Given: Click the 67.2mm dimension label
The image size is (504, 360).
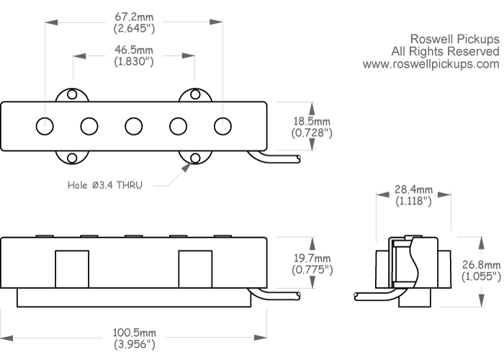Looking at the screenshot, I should pos(134,17).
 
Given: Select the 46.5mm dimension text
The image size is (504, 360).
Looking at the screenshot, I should pos(134,50).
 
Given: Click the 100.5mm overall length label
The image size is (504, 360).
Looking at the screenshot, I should pos(134,334).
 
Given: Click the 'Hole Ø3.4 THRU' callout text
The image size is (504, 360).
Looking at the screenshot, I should pos(105,185).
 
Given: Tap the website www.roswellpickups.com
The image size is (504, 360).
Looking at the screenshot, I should pos(431,64).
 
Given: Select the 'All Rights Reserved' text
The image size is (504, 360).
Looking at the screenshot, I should pos(444,51).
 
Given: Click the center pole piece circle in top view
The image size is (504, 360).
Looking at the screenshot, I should pos(133,125).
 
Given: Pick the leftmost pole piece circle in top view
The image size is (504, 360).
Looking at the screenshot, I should pos(45,125).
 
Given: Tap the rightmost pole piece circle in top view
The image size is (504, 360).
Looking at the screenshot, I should pos(222,125).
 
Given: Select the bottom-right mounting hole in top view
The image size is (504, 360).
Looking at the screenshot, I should pos(195,158).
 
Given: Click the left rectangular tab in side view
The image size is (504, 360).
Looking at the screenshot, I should pos(72,268).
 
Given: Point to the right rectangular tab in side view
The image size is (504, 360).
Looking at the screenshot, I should pos(195,268).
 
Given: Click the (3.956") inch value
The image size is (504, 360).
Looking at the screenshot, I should pos(134,345).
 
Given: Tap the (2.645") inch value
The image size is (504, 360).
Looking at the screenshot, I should pos(134,29).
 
